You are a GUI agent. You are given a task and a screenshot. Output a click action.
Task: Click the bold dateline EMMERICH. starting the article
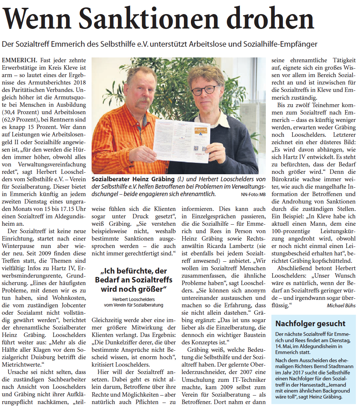(x=19, y=60)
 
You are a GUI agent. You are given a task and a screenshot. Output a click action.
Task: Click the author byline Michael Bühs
(x=341, y=305)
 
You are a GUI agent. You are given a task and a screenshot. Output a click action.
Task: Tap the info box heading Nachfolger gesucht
(x=310, y=324)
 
